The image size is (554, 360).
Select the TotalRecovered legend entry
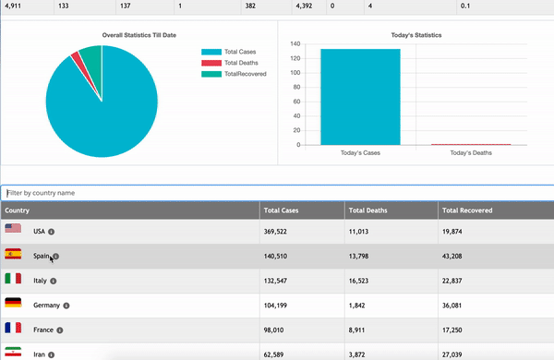point(243,73)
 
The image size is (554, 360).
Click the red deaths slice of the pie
point(75,59)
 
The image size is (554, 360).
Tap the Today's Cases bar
point(360,97)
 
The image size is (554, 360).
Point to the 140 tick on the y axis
point(295,43)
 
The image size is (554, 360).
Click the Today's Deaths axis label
point(471,153)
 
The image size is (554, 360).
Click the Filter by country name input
point(277,193)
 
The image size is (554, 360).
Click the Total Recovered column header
point(466,210)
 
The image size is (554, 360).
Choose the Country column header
point(18,210)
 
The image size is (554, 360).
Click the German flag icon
point(13,304)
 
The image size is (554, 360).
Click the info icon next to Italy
point(53,280)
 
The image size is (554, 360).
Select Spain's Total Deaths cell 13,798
point(359,256)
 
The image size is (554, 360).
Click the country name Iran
point(39,353)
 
